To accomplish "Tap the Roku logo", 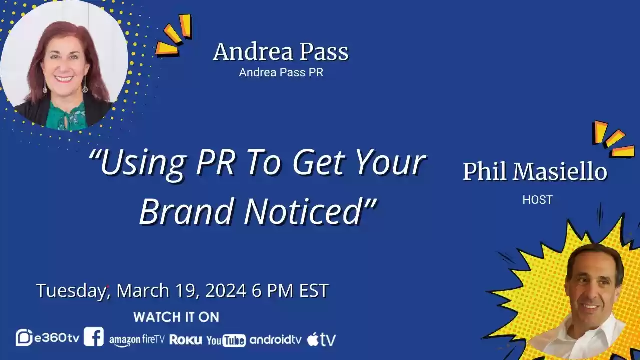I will pyautogui.click(x=186, y=340).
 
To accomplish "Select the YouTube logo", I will pyautogui.click(x=226, y=340).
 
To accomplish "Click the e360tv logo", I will pyautogui.click(x=47, y=338).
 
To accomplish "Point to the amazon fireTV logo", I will pyautogui.click(x=137, y=340).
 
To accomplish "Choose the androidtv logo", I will pyautogui.click(x=275, y=340).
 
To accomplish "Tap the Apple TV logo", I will pyautogui.click(x=321, y=339).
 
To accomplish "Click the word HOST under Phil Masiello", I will pyautogui.click(x=537, y=200).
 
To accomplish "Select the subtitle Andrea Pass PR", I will pyautogui.click(x=281, y=72).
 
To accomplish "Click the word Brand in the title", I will pyautogui.click(x=186, y=211).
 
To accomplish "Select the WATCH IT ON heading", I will pyautogui.click(x=176, y=317).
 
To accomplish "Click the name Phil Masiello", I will pyautogui.click(x=535, y=172).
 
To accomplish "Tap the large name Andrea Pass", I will pyautogui.click(x=281, y=52).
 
